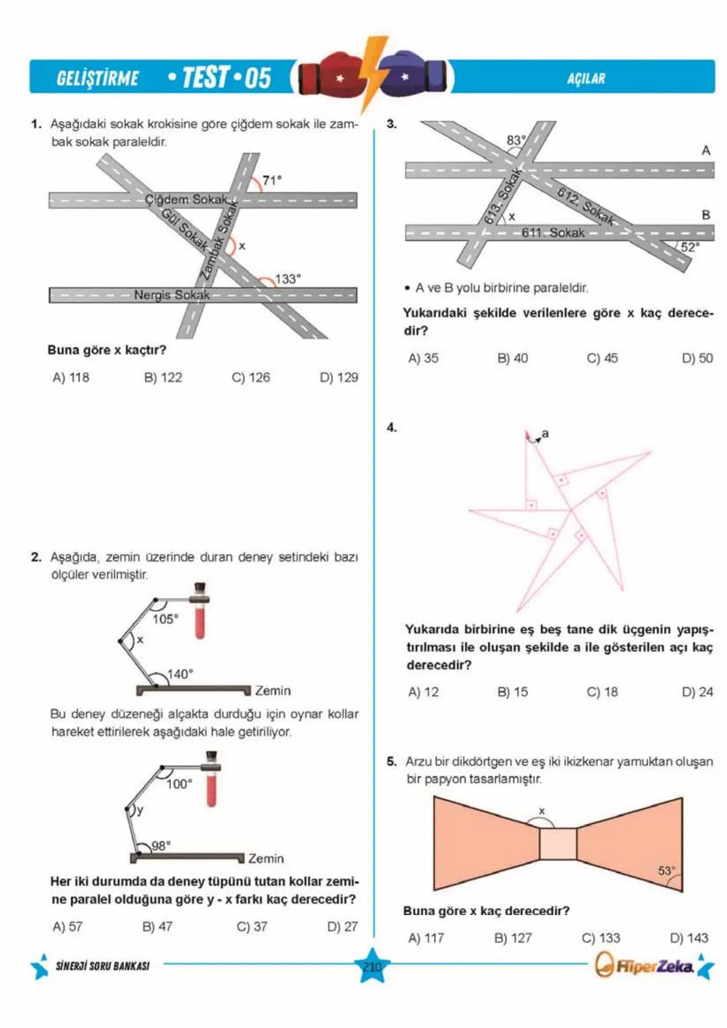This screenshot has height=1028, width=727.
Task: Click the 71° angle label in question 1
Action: [272, 180]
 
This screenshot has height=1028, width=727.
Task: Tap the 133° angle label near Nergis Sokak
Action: [287, 279]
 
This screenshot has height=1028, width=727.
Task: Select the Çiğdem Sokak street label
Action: [186, 199]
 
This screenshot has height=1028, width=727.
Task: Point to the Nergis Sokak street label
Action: [172, 295]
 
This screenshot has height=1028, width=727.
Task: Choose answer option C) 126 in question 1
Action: [250, 378]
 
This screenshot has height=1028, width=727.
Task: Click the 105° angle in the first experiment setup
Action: [165, 619]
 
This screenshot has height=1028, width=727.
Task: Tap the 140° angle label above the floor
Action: [180, 674]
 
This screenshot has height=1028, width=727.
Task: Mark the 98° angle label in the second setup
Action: [161, 846]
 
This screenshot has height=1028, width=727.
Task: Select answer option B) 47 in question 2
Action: [157, 926]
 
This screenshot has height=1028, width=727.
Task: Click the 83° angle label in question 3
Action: [516, 140]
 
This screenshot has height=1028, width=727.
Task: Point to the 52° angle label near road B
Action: [690, 247]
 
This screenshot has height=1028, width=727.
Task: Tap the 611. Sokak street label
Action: [553, 233]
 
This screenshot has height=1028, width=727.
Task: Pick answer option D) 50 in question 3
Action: [697, 358]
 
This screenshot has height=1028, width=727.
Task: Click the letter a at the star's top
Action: [545, 434]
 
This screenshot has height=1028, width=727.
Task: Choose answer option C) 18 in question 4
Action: [602, 692]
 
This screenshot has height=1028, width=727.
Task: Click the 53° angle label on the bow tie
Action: [666, 870]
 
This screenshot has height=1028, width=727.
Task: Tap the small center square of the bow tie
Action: [558, 844]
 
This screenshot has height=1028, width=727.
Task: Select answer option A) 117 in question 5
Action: [426, 938]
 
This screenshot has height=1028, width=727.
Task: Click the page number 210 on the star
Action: [372, 967]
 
